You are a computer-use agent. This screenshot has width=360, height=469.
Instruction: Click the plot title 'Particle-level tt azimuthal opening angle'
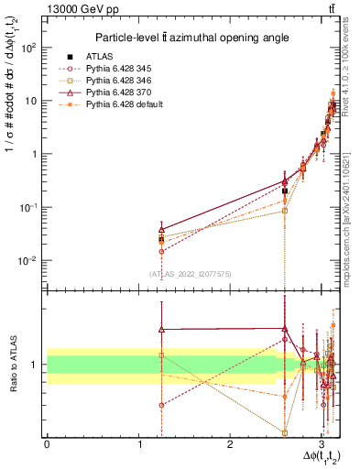(189, 38)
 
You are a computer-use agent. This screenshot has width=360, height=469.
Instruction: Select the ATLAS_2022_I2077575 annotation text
(188, 273)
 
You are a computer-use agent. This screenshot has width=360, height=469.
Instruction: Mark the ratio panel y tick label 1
(34, 365)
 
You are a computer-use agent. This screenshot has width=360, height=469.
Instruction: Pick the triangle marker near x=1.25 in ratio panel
(161, 330)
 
